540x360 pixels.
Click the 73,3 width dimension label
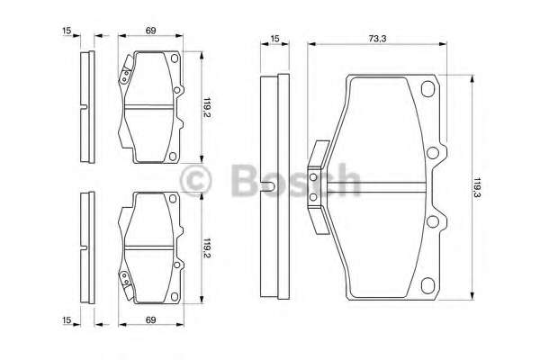pyautogui.click(x=377, y=39)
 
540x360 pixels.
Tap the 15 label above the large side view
pyautogui.click(x=274, y=39)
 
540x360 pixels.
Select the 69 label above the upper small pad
pyautogui.click(x=150, y=31)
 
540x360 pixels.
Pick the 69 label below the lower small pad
pyautogui.click(x=150, y=319)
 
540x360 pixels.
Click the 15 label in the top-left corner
pyautogui.click(x=67, y=31)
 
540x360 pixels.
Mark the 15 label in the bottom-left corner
pyautogui.click(x=67, y=319)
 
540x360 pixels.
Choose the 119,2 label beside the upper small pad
pyautogui.click(x=207, y=107)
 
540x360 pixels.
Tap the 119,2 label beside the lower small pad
pyautogui.click(x=207, y=248)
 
